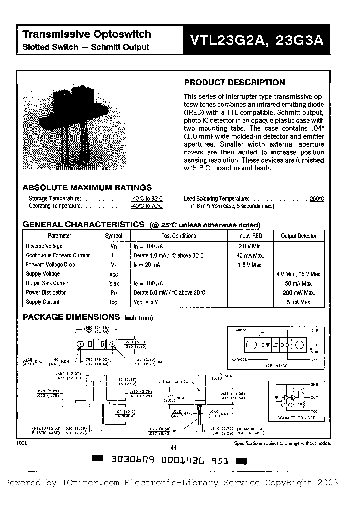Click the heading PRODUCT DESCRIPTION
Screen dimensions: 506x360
(235, 83)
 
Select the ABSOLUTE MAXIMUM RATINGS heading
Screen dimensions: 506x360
(87, 188)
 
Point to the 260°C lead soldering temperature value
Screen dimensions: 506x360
(317, 198)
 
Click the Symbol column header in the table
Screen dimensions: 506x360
(113, 236)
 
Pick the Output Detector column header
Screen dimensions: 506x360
(299, 236)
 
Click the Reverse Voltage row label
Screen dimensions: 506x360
(44, 246)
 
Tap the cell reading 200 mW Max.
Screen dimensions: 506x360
(299, 293)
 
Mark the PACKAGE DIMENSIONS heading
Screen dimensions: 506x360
(71, 317)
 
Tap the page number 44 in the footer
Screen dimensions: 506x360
(174, 448)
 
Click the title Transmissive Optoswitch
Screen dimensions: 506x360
(87, 34)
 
